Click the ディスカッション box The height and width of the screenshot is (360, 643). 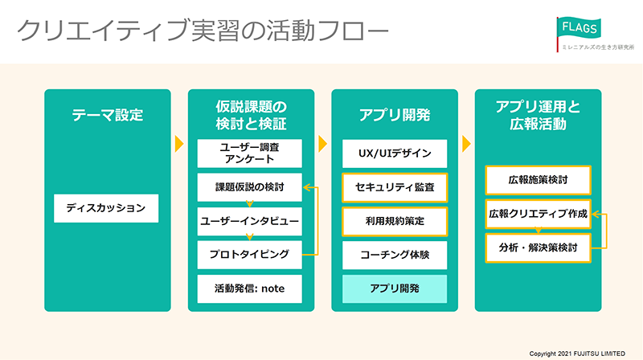pyautogui.click(x=106, y=208)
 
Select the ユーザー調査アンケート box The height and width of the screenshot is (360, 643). pyautogui.click(x=249, y=153)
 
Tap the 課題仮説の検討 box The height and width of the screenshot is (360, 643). pyautogui.click(x=249, y=187)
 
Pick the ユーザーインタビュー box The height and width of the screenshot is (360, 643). pyautogui.click(x=249, y=222)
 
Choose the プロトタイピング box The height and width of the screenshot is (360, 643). pyautogui.click(x=249, y=255)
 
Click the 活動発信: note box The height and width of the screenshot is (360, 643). pyautogui.click(x=249, y=289)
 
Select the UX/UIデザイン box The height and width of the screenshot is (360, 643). pyautogui.click(x=395, y=153)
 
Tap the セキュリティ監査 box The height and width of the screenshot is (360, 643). pyautogui.click(x=395, y=187)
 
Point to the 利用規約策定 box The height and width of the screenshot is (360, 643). pyautogui.click(x=395, y=222)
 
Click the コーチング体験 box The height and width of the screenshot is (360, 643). pyautogui.click(x=395, y=255)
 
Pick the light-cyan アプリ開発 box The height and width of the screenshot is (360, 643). pyautogui.click(x=395, y=289)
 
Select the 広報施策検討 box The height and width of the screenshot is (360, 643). pyautogui.click(x=538, y=180)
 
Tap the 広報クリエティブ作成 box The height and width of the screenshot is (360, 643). pyautogui.click(x=538, y=214)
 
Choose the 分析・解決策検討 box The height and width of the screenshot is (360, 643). pyautogui.click(x=538, y=248)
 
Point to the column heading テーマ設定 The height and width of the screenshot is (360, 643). pyautogui.click(x=108, y=115)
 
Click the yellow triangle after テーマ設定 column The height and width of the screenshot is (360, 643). pyautogui.click(x=179, y=144)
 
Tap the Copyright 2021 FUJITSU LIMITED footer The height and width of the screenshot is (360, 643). pyautogui.click(x=577, y=354)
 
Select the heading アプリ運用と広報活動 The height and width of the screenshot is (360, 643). pyautogui.click(x=538, y=115)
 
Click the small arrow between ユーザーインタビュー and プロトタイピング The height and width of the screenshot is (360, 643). pyautogui.click(x=249, y=237)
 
